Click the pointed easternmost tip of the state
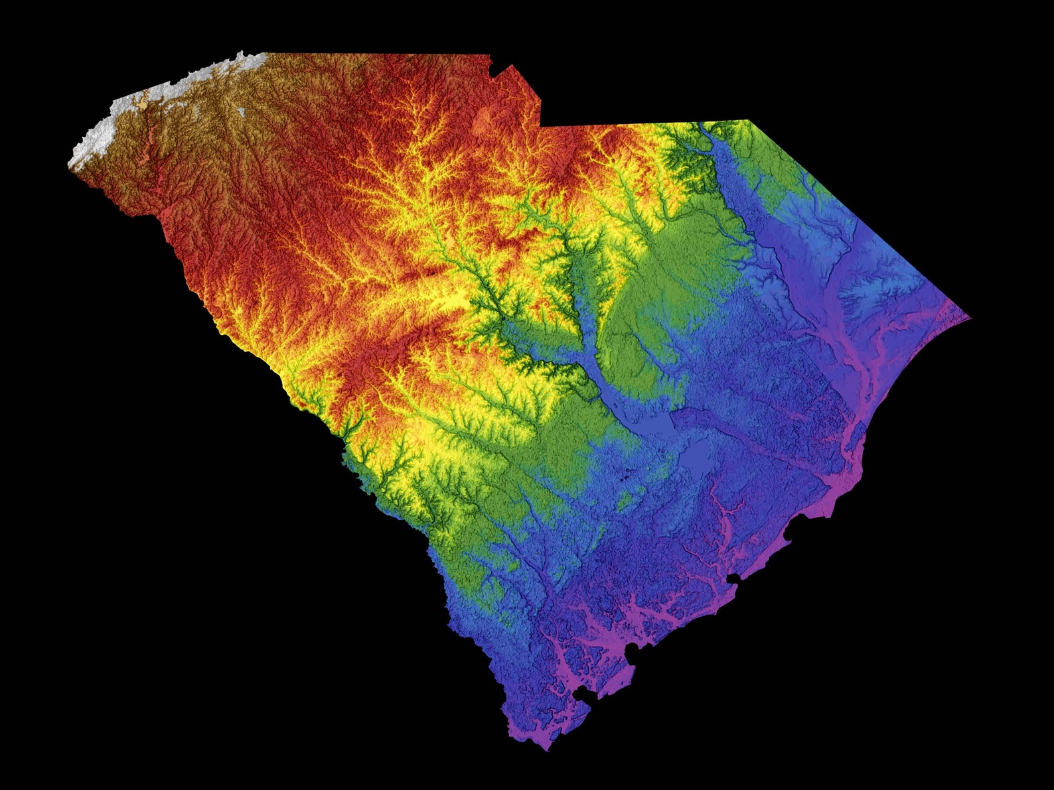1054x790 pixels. [x=970, y=318]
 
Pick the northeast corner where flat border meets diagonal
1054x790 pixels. [x=748, y=120]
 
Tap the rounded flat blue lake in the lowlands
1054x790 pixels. [x=697, y=458]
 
